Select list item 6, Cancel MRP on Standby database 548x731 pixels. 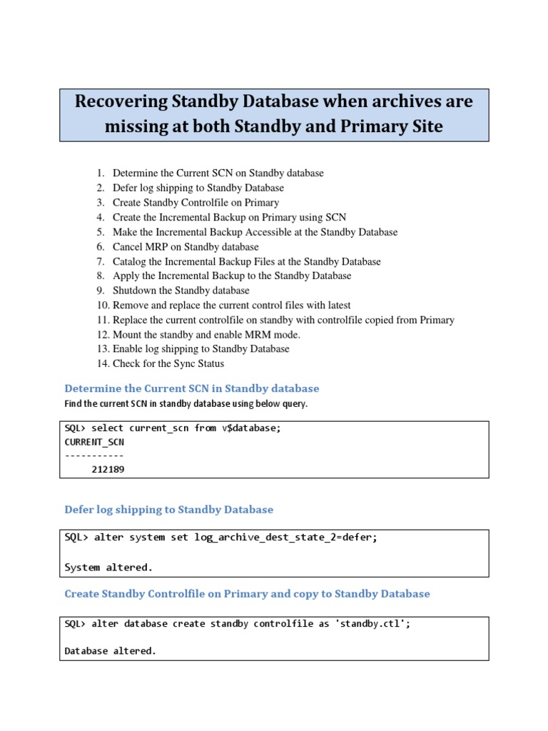pyautogui.click(x=186, y=247)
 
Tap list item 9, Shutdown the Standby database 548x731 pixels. pyautogui.click(x=181, y=291)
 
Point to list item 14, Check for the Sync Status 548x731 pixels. pyautogui.click(x=168, y=363)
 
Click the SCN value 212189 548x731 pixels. pyautogui.click(x=108, y=469)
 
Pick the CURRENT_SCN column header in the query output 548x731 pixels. pyautogui.click(x=93, y=442)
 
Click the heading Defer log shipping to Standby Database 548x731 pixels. pyautogui.click(x=169, y=510)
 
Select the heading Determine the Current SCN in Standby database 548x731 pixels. pyautogui.click(x=192, y=388)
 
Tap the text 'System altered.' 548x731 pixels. pyautogui.click(x=108, y=568)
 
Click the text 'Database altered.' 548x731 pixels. pyautogui.click(x=111, y=651)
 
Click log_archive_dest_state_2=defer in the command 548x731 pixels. pyautogui.click(x=285, y=538)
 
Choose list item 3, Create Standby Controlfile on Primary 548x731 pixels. pyautogui.click(x=196, y=203)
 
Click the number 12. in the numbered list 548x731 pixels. pyautogui.click(x=103, y=335)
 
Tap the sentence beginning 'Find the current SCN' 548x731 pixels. pyautogui.click(x=186, y=404)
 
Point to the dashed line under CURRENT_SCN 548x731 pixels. pyautogui.click(x=93, y=455)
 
